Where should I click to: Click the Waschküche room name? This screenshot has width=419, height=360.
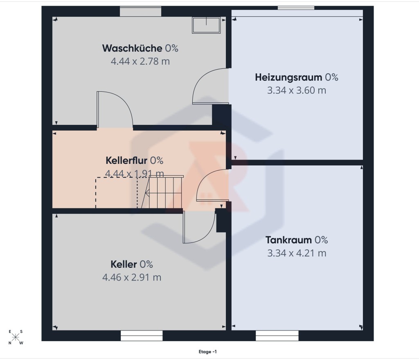(x=132, y=48)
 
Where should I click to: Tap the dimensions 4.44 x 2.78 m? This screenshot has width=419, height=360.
(x=140, y=61)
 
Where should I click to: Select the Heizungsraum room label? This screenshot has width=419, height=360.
(x=288, y=77)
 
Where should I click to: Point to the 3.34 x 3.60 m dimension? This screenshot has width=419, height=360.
(x=297, y=91)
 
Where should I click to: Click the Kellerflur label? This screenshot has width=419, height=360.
(x=126, y=161)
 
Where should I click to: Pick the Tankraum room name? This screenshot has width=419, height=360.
(x=288, y=240)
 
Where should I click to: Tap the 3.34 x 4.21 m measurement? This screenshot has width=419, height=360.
(x=297, y=253)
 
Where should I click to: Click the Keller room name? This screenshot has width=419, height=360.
(x=124, y=264)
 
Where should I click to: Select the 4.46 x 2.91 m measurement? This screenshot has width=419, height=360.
(x=132, y=277)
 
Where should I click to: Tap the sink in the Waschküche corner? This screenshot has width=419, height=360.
(x=206, y=25)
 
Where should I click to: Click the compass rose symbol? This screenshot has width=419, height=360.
(x=16, y=337)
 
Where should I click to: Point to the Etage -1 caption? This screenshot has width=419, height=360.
(x=207, y=352)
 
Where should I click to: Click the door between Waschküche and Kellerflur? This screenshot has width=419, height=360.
(x=115, y=110)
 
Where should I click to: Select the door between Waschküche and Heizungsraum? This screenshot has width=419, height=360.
(x=211, y=86)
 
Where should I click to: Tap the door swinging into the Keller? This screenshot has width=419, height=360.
(x=199, y=227)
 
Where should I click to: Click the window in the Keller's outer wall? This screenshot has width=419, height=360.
(x=142, y=336)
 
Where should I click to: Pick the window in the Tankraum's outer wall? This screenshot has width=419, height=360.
(x=277, y=336)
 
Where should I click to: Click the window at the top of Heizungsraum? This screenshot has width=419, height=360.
(x=296, y=8)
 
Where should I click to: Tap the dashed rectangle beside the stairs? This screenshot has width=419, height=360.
(x=117, y=192)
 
